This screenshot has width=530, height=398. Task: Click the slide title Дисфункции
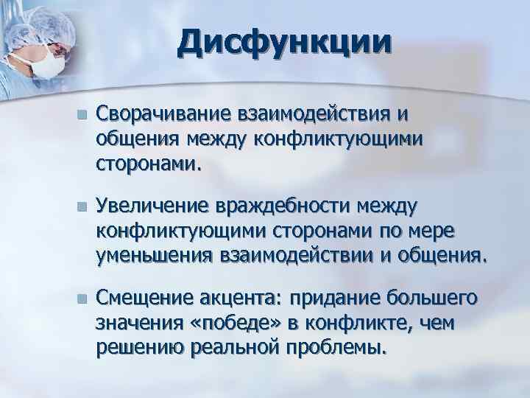click(x=283, y=42)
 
